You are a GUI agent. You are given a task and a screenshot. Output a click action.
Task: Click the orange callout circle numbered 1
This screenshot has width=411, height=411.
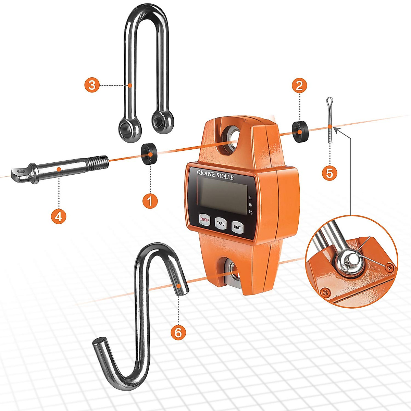(x=150, y=201)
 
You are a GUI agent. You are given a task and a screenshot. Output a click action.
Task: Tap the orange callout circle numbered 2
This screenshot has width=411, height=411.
(x=299, y=85)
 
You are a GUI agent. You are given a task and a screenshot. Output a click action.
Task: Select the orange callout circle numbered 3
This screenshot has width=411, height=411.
(x=92, y=85)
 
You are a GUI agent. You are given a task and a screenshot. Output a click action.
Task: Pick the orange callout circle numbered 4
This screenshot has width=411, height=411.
(x=59, y=216)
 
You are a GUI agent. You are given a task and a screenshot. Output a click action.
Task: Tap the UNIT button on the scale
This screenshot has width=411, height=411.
(x=237, y=227)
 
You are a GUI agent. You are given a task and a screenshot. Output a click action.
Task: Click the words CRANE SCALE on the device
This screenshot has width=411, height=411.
(x=215, y=175)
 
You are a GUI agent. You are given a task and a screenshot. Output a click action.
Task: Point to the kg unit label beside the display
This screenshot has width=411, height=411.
(x=251, y=213)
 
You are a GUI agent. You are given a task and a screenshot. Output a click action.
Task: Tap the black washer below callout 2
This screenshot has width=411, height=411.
(x=300, y=131)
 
